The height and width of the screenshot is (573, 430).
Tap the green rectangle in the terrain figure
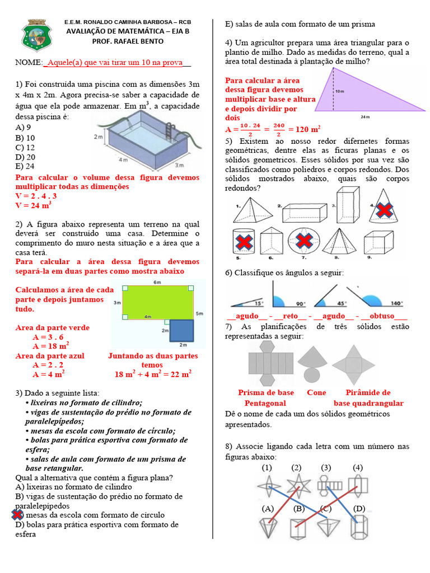[x=157, y=302]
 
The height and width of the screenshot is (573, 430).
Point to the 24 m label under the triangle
[x=366, y=117]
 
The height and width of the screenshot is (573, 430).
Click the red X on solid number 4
[x=384, y=210]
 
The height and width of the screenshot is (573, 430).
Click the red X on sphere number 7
[x=303, y=241]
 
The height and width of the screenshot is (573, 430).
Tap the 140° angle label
[x=396, y=303]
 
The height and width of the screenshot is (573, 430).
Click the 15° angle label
[x=259, y=303]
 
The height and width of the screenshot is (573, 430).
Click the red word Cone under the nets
[x=316, y=392]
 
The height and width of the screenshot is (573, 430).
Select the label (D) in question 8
[x=359, y=509]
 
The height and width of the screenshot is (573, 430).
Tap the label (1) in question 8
[x=267, y=467]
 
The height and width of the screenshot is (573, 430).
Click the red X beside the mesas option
[x=17, y=515]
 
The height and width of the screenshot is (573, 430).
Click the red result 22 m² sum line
[x=153, y=374]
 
